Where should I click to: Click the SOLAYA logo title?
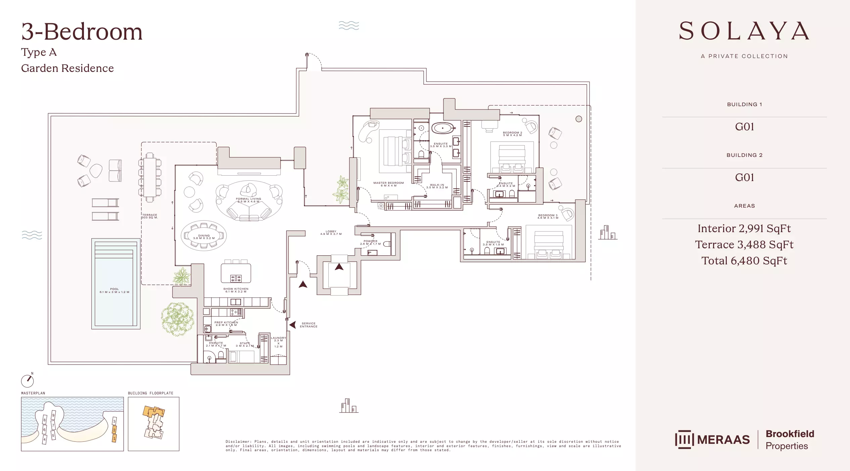tap(744, 31)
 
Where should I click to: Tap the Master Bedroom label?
tap(388, 184)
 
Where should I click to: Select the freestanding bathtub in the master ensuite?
tap(442, 128)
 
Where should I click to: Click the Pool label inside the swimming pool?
tap(114, 290)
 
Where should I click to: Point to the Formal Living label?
tap(248, 200)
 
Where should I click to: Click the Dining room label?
tap(204, 237)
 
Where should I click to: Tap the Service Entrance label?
tap(309, 325)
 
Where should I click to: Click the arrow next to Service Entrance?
tap(293, 325)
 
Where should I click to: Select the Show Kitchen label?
tap(236, 290)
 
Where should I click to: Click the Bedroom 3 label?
tap(548, 216)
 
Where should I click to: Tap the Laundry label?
tap(278, 342)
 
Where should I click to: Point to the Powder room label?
tap(370, 242)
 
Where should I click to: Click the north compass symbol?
tap(28, 381)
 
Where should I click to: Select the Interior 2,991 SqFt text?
tap(744, 228)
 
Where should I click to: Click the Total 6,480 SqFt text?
tap(744, 261)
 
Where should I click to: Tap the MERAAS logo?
tap(712, 439)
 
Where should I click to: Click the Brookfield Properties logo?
tap(790, 439)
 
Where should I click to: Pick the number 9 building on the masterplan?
tap(53, 416)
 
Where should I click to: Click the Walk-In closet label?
tap(437, 186)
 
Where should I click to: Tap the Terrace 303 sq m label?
tap(150, 216)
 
